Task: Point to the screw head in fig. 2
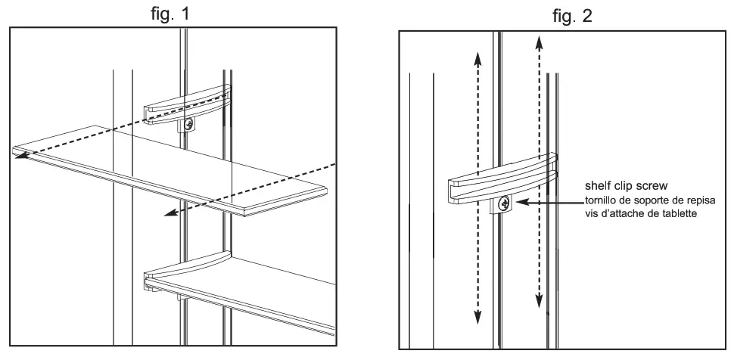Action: (x=502, y=203)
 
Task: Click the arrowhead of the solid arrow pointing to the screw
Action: (x=515, y=203)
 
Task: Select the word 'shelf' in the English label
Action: (x=598, y=185)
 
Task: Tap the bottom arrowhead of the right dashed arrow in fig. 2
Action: (x=539, y=304)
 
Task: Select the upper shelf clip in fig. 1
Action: (x=185, y=103)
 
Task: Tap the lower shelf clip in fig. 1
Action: (x=182, y=271)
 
